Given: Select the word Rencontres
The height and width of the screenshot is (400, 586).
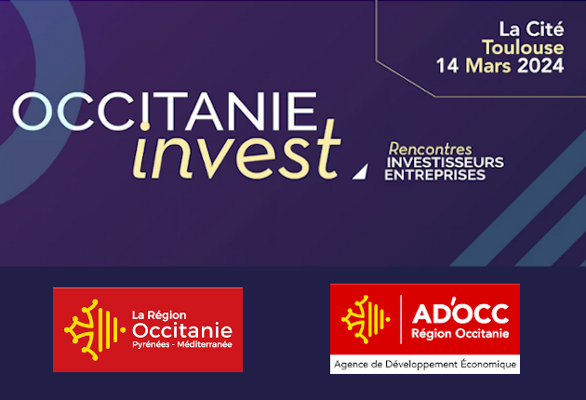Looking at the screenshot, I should (x=431, y=149).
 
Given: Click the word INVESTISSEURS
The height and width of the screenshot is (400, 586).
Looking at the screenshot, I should (x=445, y=162).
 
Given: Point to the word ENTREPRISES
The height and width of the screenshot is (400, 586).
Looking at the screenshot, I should (x=435, y=175).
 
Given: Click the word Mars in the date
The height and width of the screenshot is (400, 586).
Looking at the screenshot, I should (x=484, y=66).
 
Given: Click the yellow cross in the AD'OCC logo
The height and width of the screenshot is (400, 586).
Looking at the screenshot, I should (x=365, y=319).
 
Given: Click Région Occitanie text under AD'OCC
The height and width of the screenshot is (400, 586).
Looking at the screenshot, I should (x=458, y=332).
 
